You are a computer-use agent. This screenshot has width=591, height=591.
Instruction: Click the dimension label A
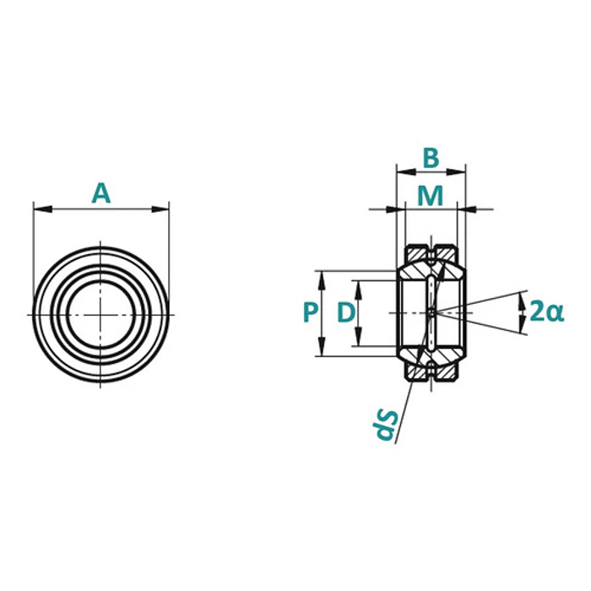[x=101, y=193]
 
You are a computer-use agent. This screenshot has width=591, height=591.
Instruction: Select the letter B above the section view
[x=431, y=158]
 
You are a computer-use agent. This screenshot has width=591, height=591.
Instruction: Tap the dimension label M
[x=431, y=196]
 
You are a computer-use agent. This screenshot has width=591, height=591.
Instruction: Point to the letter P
[x=310, y=312]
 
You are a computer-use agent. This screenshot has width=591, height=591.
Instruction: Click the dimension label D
[x=345, y=313]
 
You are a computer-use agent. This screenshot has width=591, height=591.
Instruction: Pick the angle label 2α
[x=545, y=312]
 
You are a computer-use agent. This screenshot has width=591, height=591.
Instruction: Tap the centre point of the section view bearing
[x=431, y=312]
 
